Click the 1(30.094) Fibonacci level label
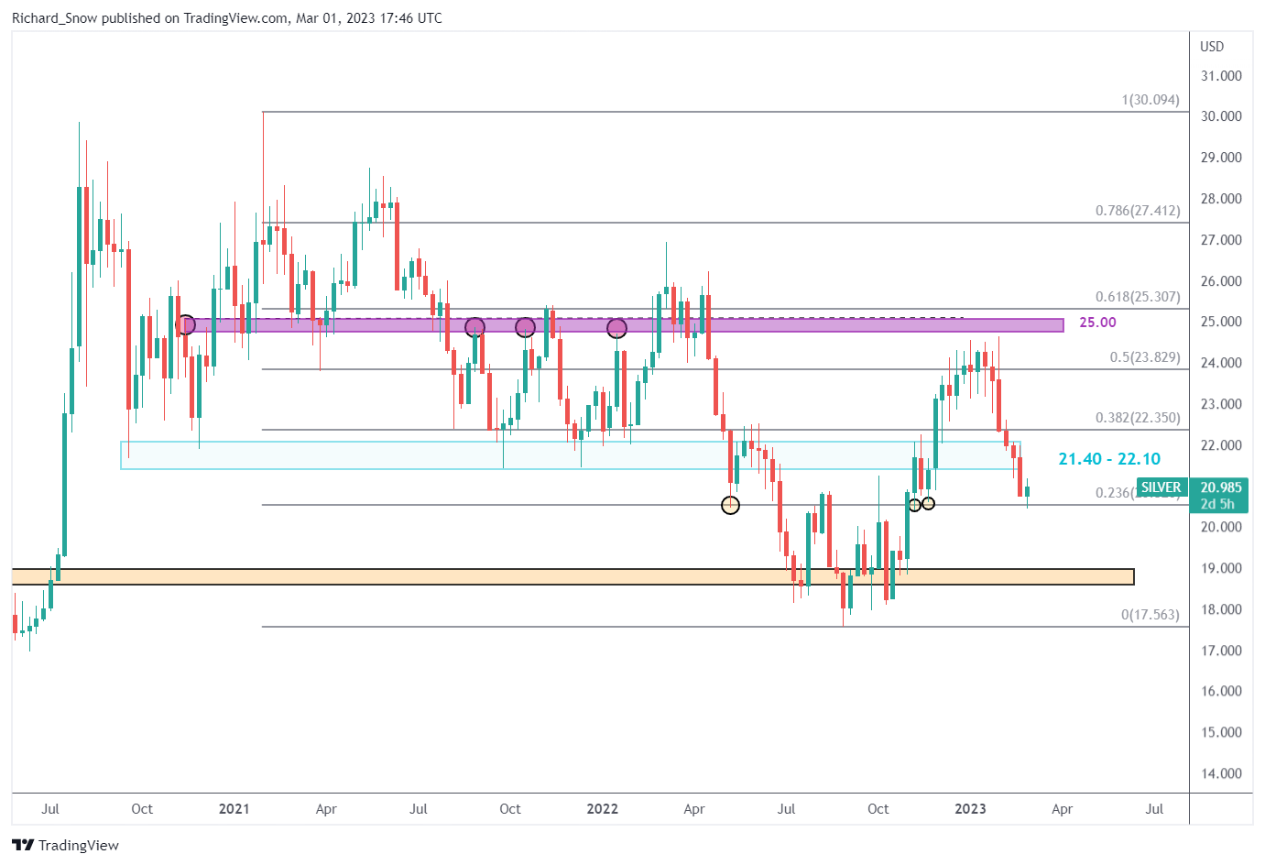click(x=1150, y=100)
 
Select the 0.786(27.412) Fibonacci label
click(x=1138, y=211)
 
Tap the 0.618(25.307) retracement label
click(x=1138, y=297)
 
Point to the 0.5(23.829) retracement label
click(x=1145, y=357)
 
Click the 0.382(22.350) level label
click(x=1138, y=418)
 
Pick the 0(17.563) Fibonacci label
click(x=1150, y=615)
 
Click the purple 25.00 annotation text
click(x=1097, y=323)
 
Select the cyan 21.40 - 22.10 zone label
click(x=1109, y=459)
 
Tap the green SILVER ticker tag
click(x=1161, y=487)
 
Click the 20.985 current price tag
click(x=1220, y=487)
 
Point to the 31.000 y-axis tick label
click(x=1221, y=76)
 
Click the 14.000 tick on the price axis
click(x=1221, y=773)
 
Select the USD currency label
click(x=1212, y=47)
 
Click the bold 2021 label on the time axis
click(x=234, y=809)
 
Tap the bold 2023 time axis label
click(x=970, y=809)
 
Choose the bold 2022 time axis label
click(x=602, y=809)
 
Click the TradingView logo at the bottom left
click(x=66, y=845)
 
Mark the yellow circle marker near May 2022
click(x=730, y=505)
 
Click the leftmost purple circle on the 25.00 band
click(x=185, y=324)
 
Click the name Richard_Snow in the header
click(x=54, y=18)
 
